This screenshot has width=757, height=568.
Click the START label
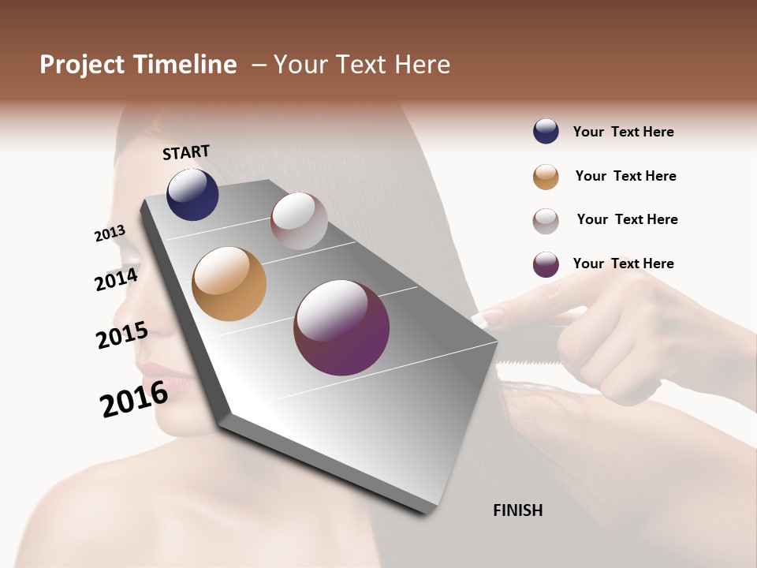186,152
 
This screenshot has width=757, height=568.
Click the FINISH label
517,510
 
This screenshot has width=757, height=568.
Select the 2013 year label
110,234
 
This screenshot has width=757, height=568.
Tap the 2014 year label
116,279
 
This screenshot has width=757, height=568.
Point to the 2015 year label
121,335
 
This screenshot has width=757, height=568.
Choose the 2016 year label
134,399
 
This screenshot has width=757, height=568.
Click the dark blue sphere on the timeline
192,195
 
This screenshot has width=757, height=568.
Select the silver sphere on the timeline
299,221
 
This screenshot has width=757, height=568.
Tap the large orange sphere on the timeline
229,284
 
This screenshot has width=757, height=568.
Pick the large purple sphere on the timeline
341,327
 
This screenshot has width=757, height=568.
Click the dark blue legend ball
546,131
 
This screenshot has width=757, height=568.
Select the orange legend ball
546,177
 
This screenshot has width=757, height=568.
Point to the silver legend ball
546,221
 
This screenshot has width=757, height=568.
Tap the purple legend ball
546,264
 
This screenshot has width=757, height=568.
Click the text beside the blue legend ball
623,132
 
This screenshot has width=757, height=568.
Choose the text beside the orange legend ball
625,176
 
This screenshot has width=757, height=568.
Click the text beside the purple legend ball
623,263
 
